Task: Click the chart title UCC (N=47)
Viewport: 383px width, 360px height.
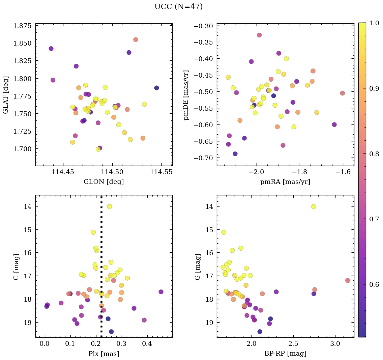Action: coord(178,7)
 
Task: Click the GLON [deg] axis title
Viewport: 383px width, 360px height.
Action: coord(104,182)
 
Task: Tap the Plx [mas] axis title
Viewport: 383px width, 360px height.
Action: coord(104,354)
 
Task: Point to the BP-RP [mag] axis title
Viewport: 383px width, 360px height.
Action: coord(285,354)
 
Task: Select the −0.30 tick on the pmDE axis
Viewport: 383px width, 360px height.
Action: coord(204,26)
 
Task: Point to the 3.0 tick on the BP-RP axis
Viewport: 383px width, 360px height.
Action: coord(335,344)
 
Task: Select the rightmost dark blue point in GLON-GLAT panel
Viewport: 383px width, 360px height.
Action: coord(156,88)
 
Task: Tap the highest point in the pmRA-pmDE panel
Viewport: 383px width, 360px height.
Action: coord(259,35)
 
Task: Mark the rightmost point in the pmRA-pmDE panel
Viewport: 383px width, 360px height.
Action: coord(342,93)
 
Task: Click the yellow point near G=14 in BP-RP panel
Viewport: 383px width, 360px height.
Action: coord(314,206)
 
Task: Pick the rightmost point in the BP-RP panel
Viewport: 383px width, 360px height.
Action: coord(348,280)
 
